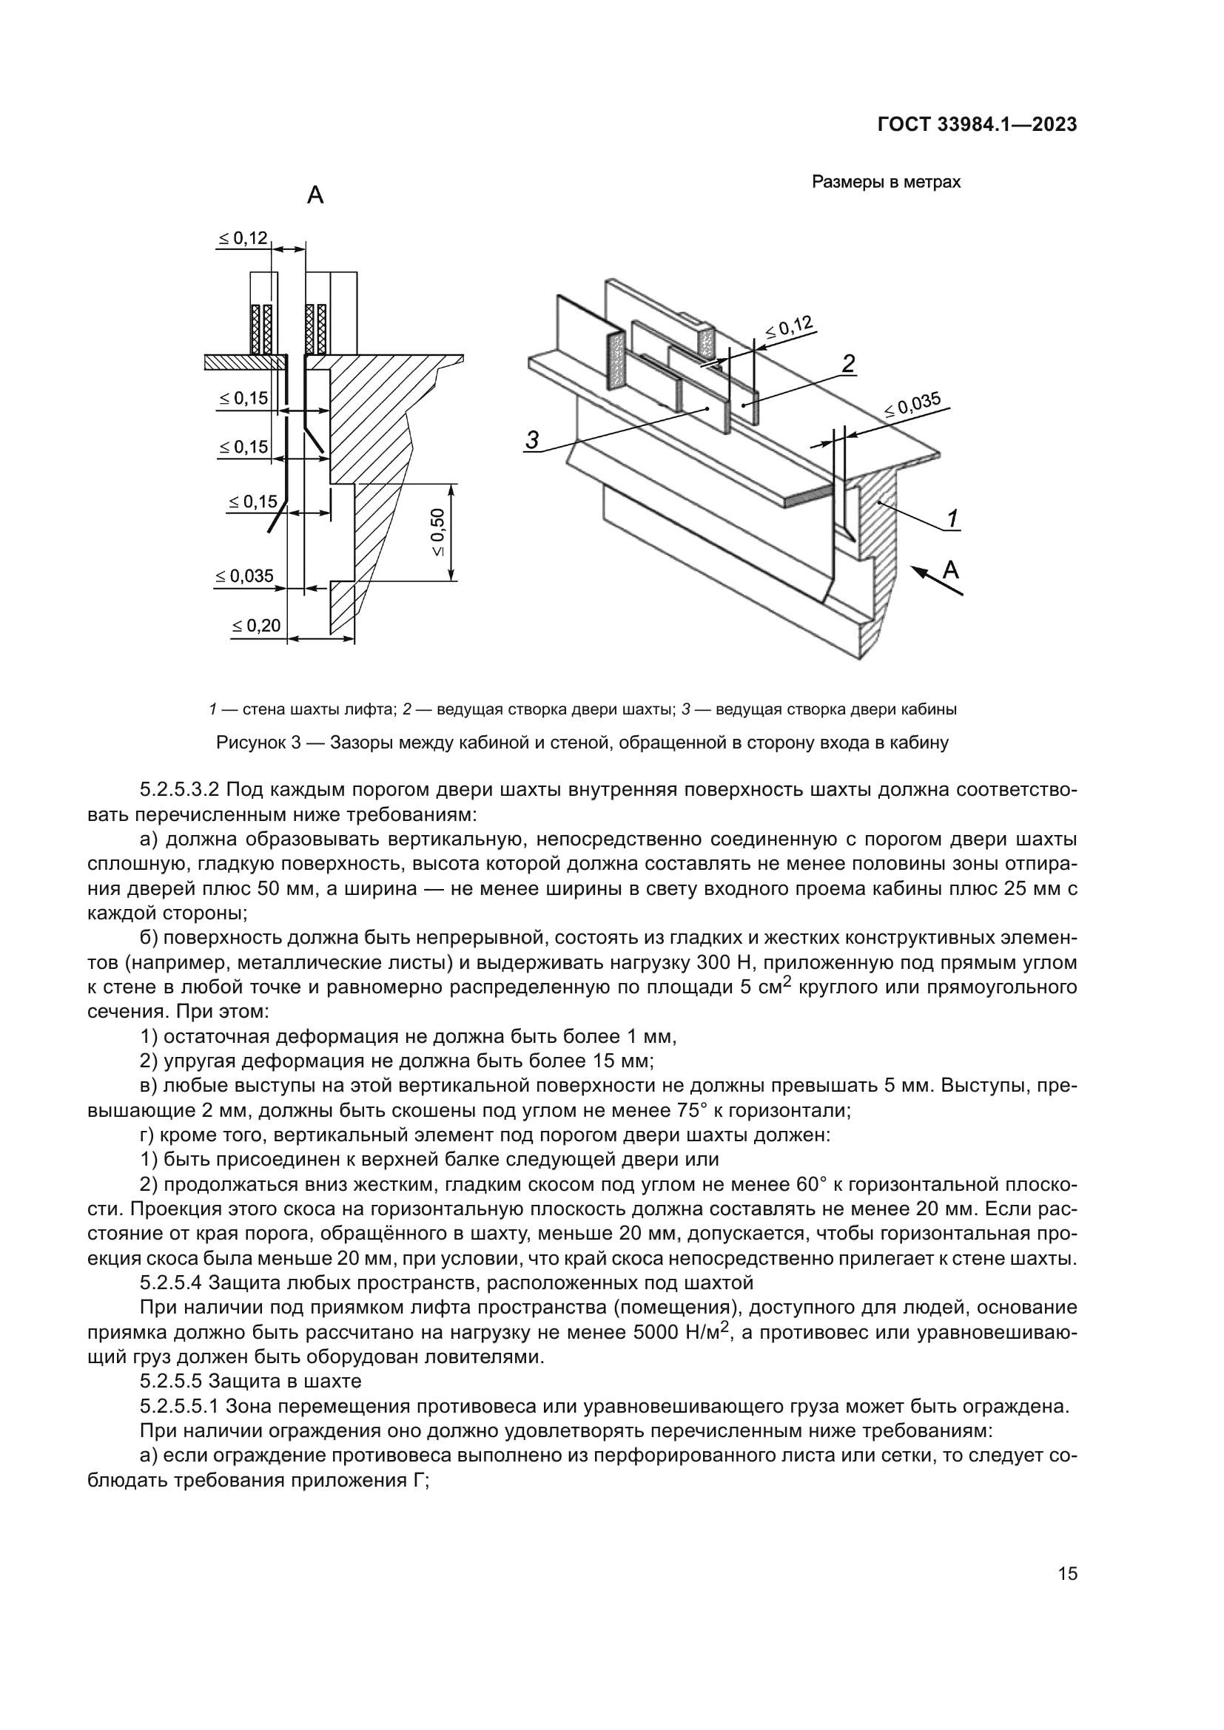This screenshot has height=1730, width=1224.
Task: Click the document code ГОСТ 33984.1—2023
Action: click(x=977, y=125)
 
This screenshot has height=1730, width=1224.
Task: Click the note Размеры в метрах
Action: click(x=886, y=183)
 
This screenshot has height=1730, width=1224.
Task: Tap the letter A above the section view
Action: click(x=315, y=196)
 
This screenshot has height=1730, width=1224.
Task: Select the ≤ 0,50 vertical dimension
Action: click(x=439, y=533)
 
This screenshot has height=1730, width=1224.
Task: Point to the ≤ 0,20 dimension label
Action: click(x=256, y=626)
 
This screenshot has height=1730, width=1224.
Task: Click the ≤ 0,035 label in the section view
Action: click(x=244, y=576)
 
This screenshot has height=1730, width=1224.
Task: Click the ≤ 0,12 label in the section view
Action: click(x=243, y=239)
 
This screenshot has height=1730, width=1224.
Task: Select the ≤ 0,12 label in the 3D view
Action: click(x=789, y=327)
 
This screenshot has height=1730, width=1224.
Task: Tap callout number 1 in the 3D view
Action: click(x=952, y=518)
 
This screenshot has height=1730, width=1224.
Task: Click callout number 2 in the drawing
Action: click(x=848, y=364)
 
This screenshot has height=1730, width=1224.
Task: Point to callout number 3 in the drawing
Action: click(x=532, y=440)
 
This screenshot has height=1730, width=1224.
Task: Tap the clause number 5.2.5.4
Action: click(x=170, y=1282)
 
